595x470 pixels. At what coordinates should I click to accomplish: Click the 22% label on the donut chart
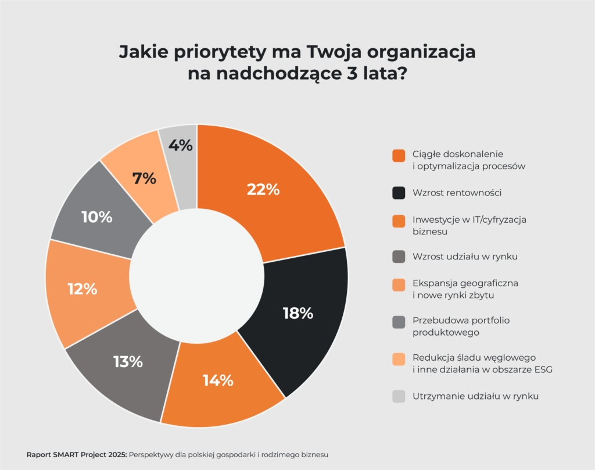[x=263, y=189]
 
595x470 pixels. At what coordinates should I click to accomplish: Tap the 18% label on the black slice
[x=298, y=314]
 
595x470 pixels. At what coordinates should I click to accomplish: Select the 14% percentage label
[x=218, y=380]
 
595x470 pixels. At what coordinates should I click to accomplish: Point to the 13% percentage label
[x=128, y=362]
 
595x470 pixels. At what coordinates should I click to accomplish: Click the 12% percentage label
[x=82, y=289]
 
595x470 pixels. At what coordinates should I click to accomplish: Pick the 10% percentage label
[x=96, y=217]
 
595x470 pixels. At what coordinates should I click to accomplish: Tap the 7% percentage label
[x=144, y=179]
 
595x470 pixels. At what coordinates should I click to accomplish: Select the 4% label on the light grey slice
[x=180, y=145]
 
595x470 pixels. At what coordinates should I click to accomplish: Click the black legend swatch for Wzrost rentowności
[x=399, y=193]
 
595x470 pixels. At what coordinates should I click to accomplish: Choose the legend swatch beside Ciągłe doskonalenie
[x=399, y=155]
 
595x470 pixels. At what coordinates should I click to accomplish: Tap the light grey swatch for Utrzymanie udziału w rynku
[x=399, y=396]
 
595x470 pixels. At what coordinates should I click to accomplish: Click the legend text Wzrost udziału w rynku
[x=465, y=256]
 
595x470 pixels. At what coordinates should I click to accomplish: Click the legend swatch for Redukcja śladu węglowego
[x=399, y=360]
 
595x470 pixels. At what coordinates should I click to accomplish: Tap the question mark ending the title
[x=400, y=74]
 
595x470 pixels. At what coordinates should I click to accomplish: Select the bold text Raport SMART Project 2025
[x=77, y=454]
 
